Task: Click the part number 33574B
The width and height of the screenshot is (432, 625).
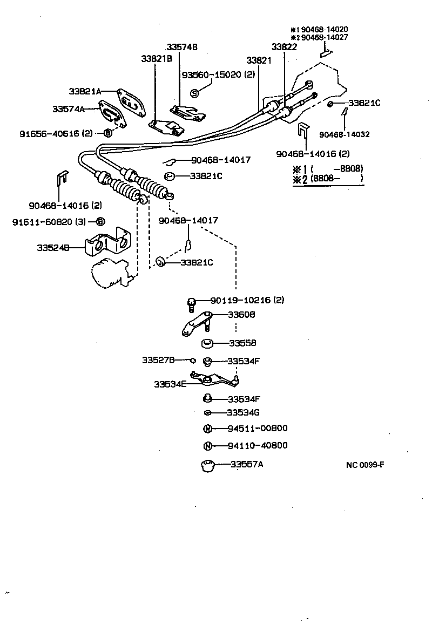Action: coord(182,47)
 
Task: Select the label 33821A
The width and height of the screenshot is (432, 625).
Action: coord(85,91)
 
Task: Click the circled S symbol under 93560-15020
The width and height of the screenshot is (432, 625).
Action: coord(195,93)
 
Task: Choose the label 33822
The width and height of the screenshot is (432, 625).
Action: coord(284,47)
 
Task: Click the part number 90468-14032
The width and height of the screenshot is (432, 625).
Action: coord(344,134)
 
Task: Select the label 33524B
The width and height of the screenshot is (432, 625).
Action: coord(53,248)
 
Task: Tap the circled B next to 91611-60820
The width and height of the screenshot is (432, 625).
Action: coord(100,222)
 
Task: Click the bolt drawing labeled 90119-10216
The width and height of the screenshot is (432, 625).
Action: coord(191,304)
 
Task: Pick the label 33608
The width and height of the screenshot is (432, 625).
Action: coord(241,314)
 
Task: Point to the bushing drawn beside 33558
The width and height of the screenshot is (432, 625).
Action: coord(207,343)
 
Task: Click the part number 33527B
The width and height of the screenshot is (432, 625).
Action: coord(159,359)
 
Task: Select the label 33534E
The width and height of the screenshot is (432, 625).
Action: coord(170,384)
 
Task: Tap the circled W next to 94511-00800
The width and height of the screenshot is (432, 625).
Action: coord(207,429)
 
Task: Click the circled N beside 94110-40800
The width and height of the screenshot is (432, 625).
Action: coord(207,446)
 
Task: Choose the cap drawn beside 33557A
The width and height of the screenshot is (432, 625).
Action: coord(207,465)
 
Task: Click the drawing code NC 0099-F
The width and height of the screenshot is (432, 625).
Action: coord(365,464)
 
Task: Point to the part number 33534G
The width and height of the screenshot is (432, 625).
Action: coord(244,413)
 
